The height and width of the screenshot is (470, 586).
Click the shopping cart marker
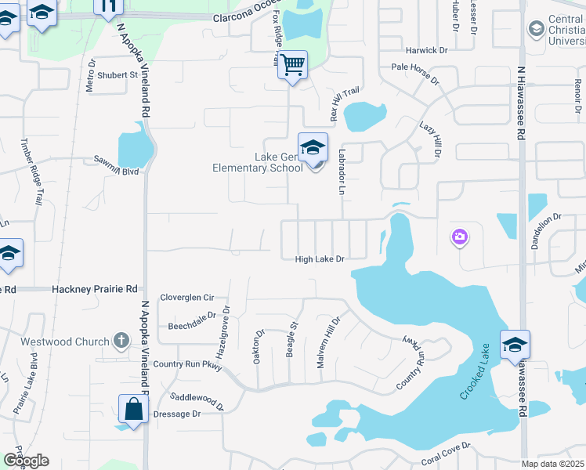tap(292, 65)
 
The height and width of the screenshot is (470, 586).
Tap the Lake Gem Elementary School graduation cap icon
tap(313, 147)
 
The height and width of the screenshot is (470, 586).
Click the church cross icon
tap(120, 341)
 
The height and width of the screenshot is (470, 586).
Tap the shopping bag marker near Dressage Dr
tap(133, 408)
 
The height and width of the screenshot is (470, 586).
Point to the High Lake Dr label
tap(320, 258)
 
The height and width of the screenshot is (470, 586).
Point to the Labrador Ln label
tap(342, 172)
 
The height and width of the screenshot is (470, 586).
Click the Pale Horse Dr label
tap(418, 68)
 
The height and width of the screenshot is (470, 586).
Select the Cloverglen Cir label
tap(186, 298)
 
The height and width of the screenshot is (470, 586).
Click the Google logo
tap(25, 461)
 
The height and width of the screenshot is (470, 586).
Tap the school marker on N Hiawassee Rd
tap(515, 345)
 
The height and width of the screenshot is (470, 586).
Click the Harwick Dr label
tap(426, 50)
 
